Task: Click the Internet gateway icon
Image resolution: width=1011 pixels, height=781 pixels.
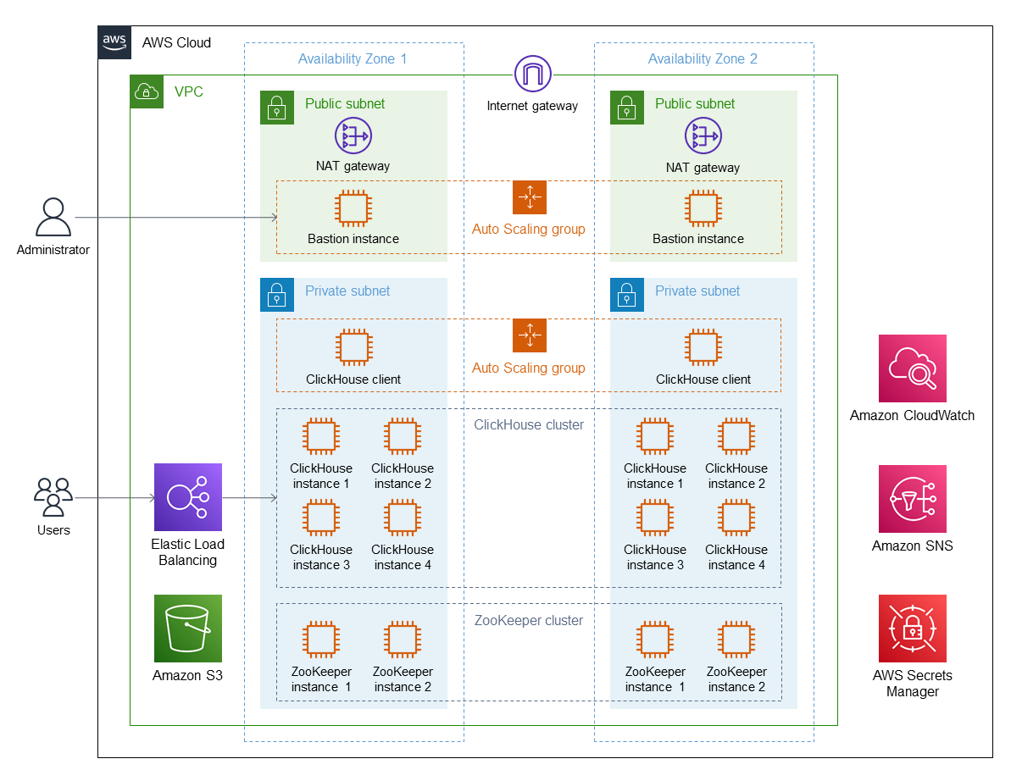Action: [x=532, y=74]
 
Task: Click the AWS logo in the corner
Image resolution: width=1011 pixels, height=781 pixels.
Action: [x=114, y=42]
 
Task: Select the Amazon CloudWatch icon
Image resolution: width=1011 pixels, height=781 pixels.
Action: [x=913, y=368]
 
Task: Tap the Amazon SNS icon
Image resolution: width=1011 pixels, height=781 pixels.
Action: [x=913, y=499]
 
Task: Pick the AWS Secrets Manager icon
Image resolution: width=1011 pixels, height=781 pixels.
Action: [x=913, y=629]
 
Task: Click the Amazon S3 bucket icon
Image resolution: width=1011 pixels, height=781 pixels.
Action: [x=187, y=629]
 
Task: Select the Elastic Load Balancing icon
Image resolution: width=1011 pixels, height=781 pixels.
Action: [x=187, y=497]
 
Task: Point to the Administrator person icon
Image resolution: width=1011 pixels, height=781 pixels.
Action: [x=53, y=217]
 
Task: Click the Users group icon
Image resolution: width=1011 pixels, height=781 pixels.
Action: [x=53, y=497]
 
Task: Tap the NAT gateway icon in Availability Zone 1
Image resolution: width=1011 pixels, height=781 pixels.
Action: [x=353, y=136]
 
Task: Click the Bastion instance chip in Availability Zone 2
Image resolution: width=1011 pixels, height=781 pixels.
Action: [x=703, y=208]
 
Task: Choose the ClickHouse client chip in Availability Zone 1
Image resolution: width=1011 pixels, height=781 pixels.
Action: [x=353, y=347]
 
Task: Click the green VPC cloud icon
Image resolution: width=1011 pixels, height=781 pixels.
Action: [x=147, y=91]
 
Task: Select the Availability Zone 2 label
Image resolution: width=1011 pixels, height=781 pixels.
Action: [x=703, y=58]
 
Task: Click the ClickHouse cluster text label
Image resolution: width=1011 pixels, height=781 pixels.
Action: [x=529, y=424]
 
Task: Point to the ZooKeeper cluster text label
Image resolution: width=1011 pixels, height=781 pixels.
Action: [x=529, y=621]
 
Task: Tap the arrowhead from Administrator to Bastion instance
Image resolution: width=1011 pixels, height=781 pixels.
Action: [x=275, y=217]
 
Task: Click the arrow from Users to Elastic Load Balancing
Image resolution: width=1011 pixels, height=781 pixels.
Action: [x=114, y=497]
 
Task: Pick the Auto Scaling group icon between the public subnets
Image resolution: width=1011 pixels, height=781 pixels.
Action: [x=530, y=197]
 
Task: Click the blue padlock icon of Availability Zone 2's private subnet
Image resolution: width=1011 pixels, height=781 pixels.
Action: [x=627, y=295]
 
